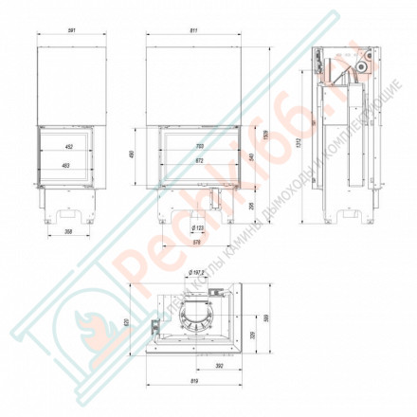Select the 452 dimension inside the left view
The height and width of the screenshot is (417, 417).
[68, 147]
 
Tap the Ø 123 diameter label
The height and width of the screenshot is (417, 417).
[198, 229]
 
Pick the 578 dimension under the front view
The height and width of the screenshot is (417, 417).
[194, 244]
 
